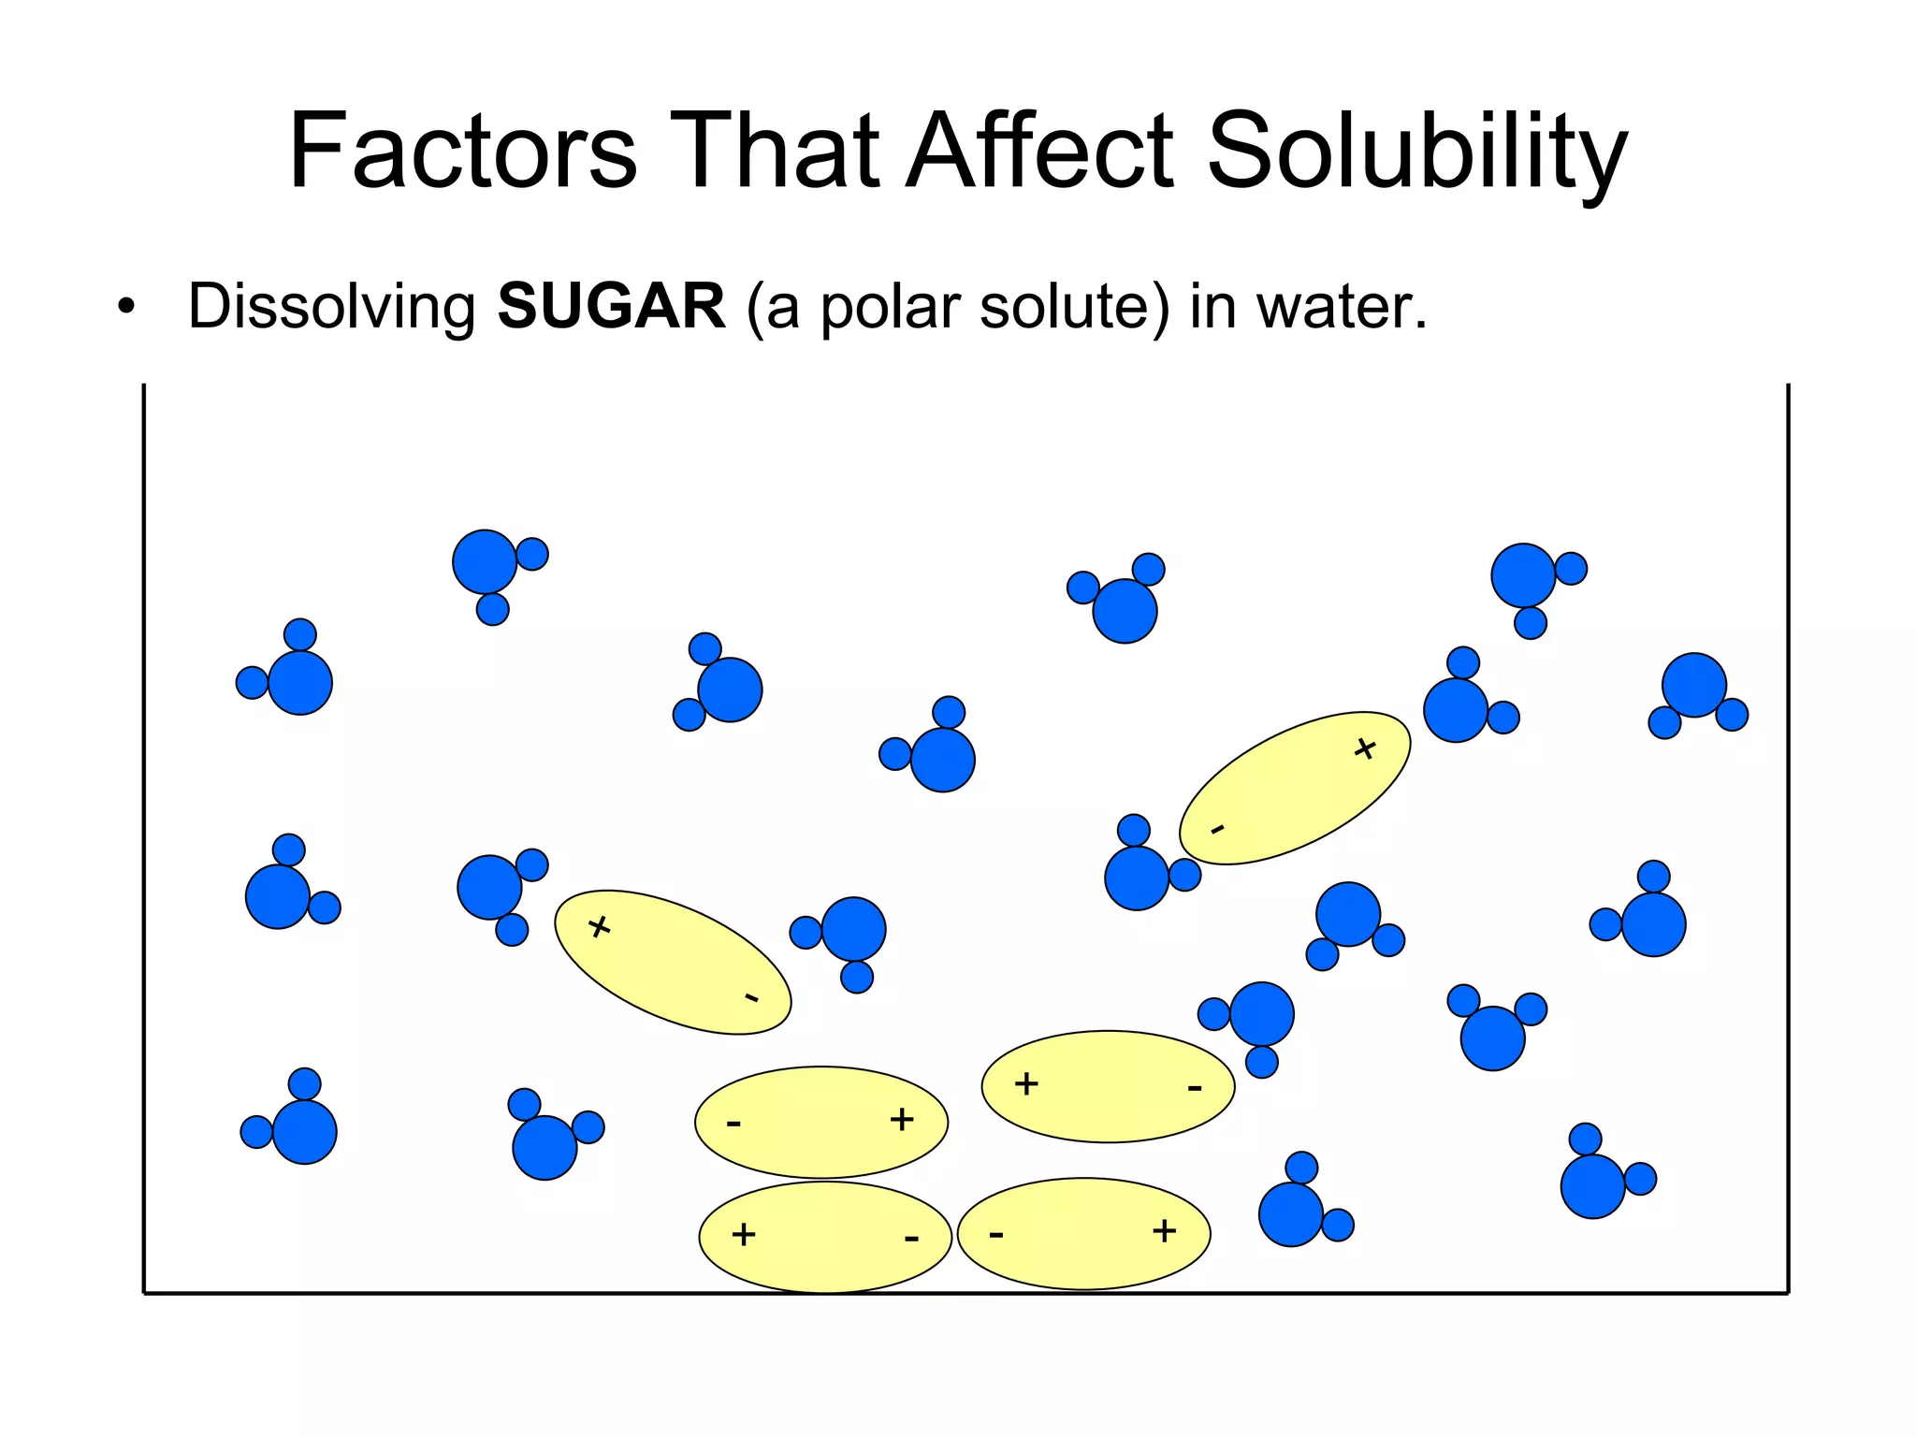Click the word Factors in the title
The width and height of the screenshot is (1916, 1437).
click(463, 152)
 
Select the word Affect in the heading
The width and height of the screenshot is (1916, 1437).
click(1039, 152)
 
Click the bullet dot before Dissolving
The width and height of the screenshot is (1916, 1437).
click(126, 307)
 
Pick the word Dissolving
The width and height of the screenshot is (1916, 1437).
click(332, 309)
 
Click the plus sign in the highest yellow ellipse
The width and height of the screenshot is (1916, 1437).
click(1365, 748)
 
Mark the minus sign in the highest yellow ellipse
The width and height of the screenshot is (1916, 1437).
click(1217, 829)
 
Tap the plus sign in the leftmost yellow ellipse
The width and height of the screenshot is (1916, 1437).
click(600, 927)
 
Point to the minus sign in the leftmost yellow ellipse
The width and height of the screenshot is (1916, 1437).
click(751, 998)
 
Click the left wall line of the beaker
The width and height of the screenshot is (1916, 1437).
click(144, 842)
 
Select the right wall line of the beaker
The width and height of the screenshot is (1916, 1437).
click(1788, 842)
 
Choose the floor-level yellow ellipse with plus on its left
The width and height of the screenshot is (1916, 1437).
click(825, 1237)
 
